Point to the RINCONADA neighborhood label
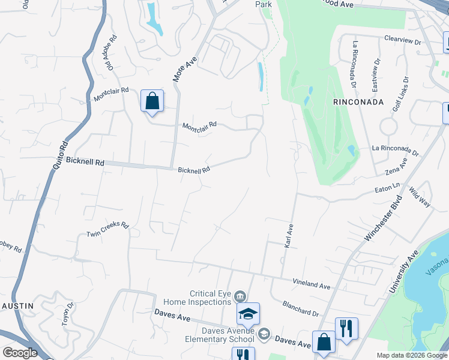(x=358, y=102)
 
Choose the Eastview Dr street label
(x=376, y=74)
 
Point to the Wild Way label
(x=420, y=197)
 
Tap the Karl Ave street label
(x=289, y=235)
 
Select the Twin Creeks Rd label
(x=107, y=229)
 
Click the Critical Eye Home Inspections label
(x=211, y=298)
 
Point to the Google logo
(x=20, y=353)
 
